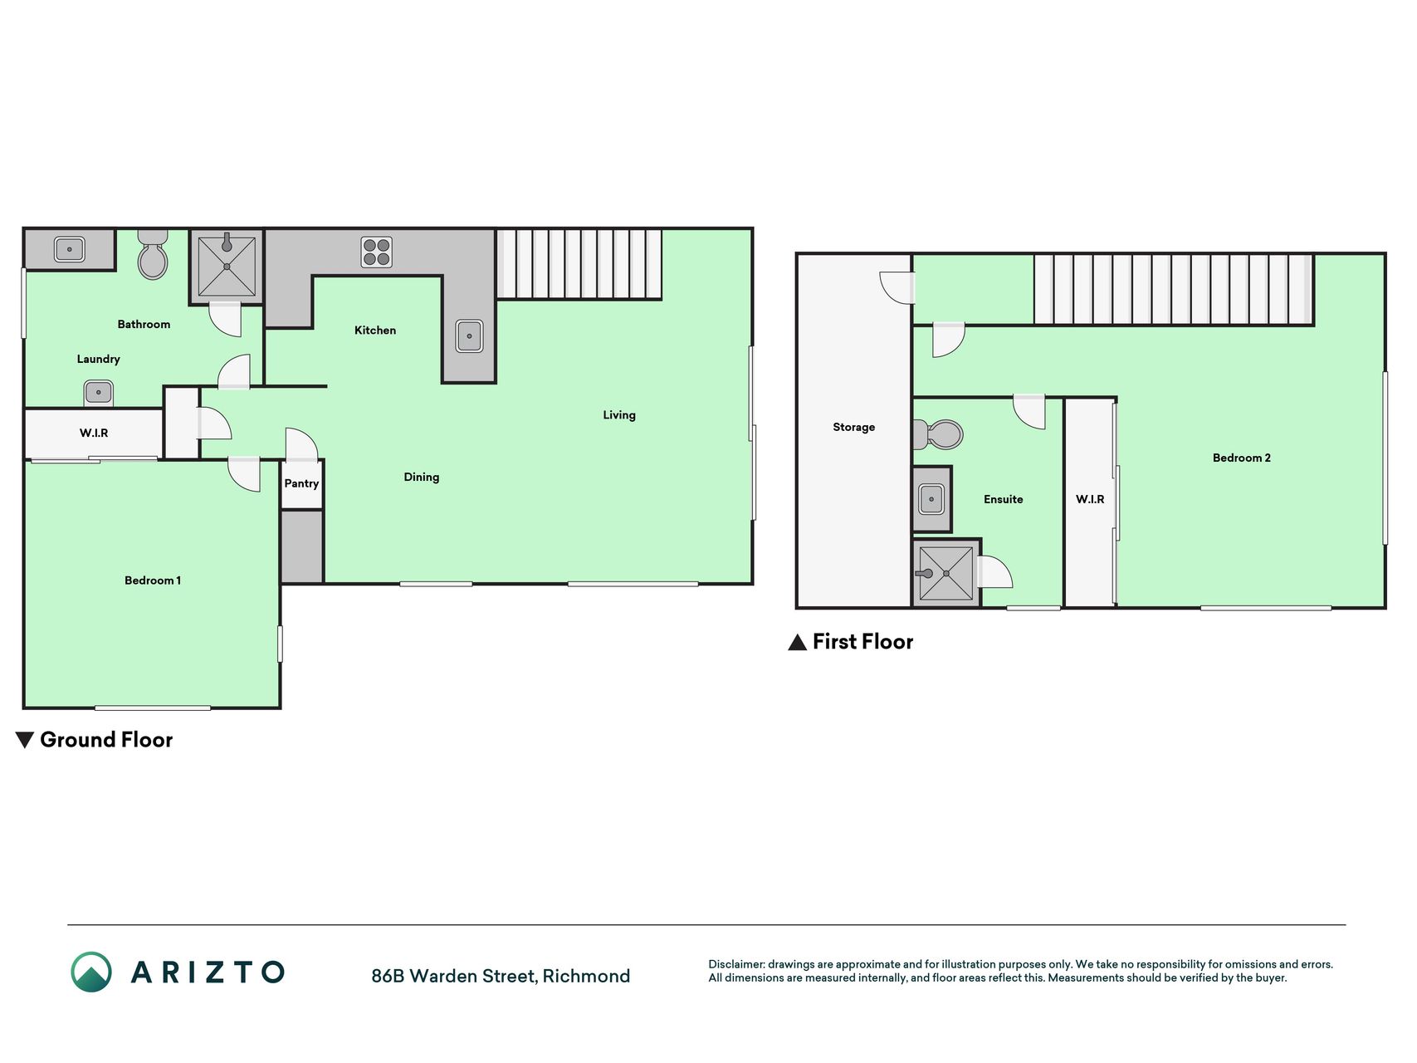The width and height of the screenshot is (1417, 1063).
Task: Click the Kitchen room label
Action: (375, 331)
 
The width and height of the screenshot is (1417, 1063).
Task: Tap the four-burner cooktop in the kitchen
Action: (377, 252)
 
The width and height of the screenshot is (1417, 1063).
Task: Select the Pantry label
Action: (301, 483)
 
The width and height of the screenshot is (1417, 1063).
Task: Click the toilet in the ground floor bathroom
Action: (153, 255)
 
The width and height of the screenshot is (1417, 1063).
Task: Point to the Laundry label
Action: (99, 360)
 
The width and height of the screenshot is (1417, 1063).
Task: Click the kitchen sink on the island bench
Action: (469, 336)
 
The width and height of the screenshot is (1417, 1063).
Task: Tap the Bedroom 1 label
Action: (153, 580)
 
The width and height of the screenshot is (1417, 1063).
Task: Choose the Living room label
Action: (619, 415)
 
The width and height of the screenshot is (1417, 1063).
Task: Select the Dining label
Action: (422, 478)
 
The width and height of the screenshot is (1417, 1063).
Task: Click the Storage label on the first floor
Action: (854, 428)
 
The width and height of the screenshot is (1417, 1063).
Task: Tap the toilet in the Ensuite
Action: (938, 434)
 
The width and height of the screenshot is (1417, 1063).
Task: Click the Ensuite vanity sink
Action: (931, 500)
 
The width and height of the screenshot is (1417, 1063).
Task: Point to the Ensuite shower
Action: (946, 573)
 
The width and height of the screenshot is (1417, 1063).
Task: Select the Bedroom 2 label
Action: (1242, 458)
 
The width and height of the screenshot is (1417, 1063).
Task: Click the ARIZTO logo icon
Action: (91, 972)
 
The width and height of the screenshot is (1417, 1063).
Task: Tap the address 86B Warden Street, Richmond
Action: (501, 976)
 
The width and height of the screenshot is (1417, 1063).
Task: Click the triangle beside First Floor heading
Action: (798, 642)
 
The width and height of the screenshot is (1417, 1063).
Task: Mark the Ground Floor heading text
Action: (106, 740)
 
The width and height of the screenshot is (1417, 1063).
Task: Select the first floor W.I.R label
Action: (1090, 500)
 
